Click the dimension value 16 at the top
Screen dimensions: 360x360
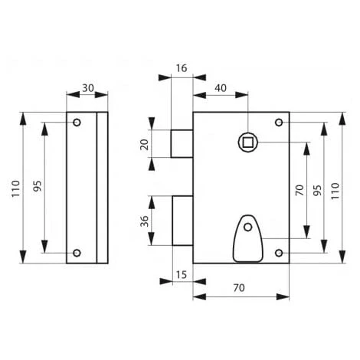(182, 68)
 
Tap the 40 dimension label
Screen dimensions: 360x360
(221, 88)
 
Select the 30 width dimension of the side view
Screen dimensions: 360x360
(88, 88)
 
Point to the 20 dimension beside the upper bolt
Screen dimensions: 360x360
(145, 145)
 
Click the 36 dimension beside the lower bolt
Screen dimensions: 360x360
(145, 221)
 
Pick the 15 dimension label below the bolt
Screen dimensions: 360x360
(182, 275)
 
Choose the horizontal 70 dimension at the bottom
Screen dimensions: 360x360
(239, 288)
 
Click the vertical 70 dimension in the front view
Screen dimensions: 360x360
(299, 190)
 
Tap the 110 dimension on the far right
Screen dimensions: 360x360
(335, 191)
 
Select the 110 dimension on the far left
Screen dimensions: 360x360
(16, 188)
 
